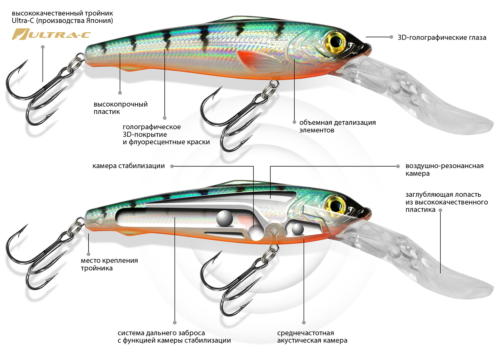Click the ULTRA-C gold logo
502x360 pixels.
pos(51,34)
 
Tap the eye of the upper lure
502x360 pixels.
pos(336,41)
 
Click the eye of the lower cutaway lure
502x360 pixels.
pos(335,205)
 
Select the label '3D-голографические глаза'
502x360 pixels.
pos(442,37)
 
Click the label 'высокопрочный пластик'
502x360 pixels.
pos(120,108)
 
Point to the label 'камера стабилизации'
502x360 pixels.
pos(128,166)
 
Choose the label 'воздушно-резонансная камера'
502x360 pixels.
pos(444,170)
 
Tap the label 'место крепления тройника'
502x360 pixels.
pos(109,265)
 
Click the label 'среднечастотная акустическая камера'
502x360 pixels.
pos(312,337)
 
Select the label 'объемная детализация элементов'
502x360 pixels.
pos(337,126)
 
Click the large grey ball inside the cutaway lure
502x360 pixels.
pos(225,218)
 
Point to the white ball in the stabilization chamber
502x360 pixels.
pos(256,233)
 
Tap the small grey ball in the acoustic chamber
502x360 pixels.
pos(298,229)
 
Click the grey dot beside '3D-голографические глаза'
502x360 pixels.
pos(391,37)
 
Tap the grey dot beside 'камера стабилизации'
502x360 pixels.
pos(172,166)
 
